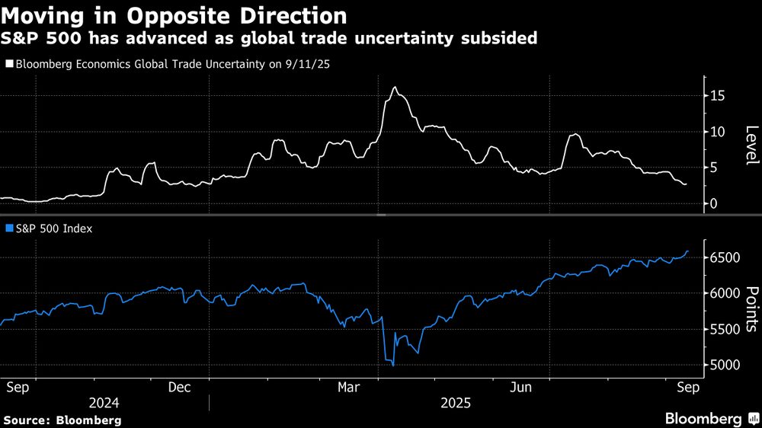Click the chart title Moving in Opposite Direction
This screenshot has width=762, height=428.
coord(175,15)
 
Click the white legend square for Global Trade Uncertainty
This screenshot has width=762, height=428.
coord(9,65)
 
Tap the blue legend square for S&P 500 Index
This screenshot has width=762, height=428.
coord(9,228)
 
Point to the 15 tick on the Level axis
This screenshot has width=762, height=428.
coord(716,96)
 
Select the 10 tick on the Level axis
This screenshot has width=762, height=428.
coord(716,132)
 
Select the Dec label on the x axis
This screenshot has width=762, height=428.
coord(179,387)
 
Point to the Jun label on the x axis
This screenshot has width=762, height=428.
coord(521,387)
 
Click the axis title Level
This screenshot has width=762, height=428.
coord(751,145)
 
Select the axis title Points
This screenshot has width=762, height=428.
coord(751,309)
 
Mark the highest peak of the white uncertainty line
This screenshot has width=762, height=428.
coord(394,88)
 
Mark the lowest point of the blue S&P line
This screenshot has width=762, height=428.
coord(393,366)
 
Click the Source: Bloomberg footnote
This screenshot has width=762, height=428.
coord(62,420)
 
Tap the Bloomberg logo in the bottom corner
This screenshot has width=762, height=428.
coord(712,418)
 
